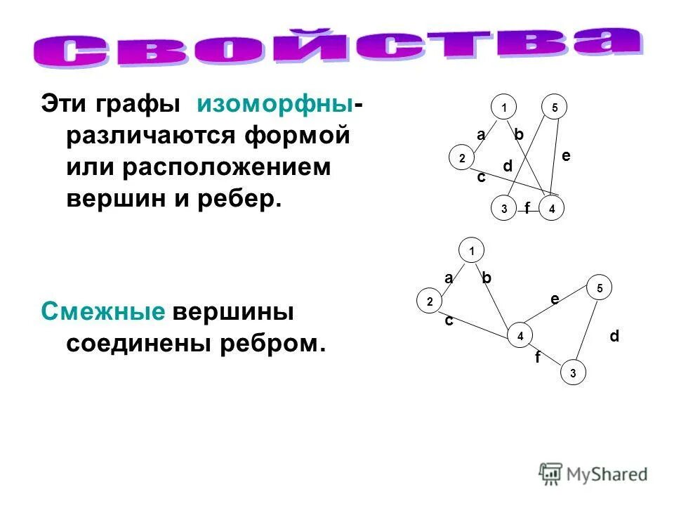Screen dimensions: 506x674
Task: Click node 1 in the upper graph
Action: tap(503, 108)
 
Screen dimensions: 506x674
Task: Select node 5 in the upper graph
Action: tap(554, 108)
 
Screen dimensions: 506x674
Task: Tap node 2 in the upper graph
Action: tap(462, 159)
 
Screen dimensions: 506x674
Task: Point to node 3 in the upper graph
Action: tap(503, 209)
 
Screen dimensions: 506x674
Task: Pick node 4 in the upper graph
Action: tap(553, 209)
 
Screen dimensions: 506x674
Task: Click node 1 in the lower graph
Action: tap(472, 251)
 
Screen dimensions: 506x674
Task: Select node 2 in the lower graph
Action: tap(429, 301)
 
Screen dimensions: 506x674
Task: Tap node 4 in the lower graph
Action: tap(520, 336)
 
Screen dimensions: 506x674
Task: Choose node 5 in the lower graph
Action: tap(600, 287)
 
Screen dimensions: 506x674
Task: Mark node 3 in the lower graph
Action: tap(573, 372)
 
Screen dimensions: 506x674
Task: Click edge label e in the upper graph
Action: tap(566, 156)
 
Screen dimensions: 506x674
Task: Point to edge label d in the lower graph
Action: tap(614, 337)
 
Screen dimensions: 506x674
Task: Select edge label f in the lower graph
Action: tap(538, 358)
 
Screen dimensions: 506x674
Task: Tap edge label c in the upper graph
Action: tap(481, 178)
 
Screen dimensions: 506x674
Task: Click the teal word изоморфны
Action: tap(275, 105)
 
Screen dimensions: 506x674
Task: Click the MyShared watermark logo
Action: tap(593, 474)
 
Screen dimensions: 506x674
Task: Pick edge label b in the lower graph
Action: tap(487, 278)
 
